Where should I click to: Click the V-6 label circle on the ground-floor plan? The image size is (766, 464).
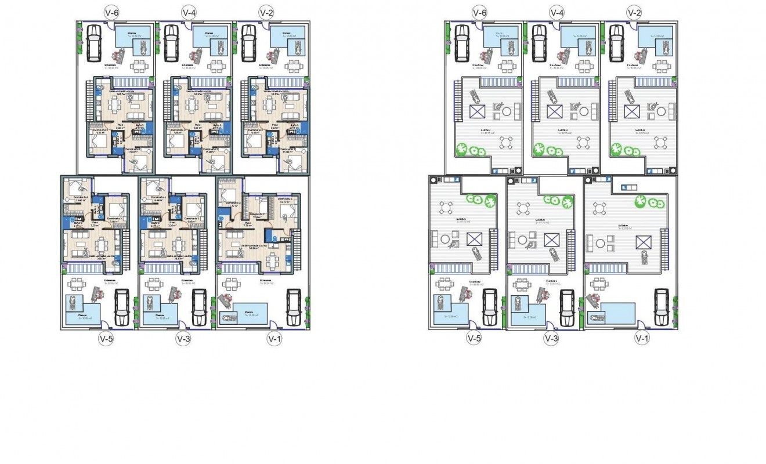pyautogui.click(x=111, y=12)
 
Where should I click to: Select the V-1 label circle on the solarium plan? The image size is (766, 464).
pyautogui.click(x=641, y=339)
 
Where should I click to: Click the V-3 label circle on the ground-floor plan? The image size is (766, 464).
pyautogui.click(x=182, y=339)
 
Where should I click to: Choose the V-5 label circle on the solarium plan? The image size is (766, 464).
pyautogui.click(x=474, y=339)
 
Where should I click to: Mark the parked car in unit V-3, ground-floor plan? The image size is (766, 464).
pyautogui.click(x=198, y=307)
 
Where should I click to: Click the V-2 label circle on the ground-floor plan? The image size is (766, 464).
pyautogui.click(x=266, y=12)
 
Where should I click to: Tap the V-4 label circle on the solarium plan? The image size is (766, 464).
pyautogui.click(x=556, y=12)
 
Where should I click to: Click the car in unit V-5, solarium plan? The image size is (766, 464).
pyautogui.click(x=490, y=307)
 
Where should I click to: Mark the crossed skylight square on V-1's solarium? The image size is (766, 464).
pyautogui.click(x=642, y=241)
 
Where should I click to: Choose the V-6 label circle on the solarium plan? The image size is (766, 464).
pyautogui.click(x=479, y=12)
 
